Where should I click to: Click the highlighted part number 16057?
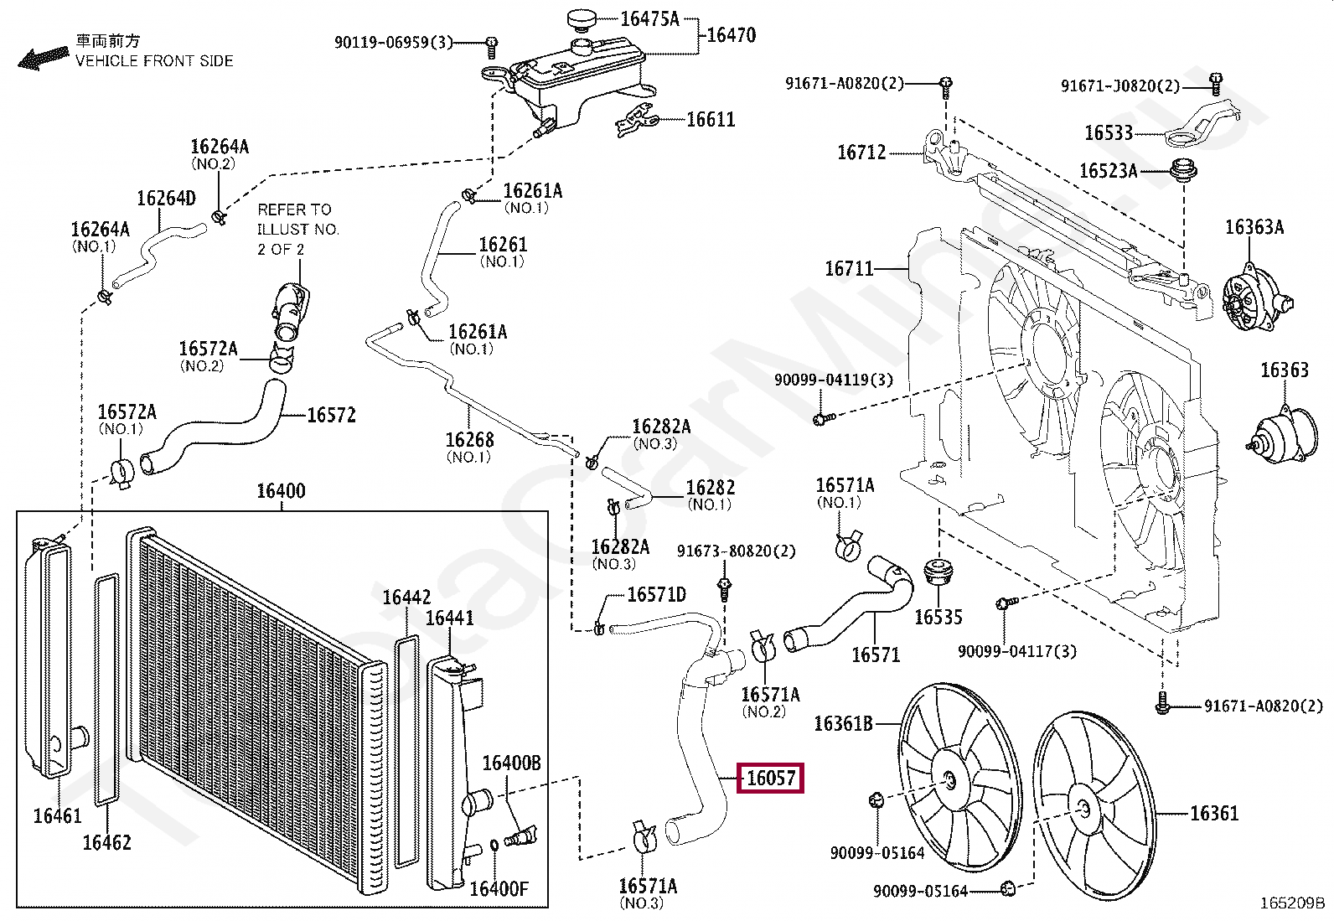point(770,779)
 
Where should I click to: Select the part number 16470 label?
point(731,35)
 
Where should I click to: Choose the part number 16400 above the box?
point(281,491)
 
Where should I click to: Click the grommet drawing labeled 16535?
point(938,573)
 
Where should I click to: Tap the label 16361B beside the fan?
point(843,723)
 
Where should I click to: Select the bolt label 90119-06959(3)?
point(393,42)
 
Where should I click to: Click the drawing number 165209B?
point(1292,903)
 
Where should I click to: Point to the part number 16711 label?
point(849,269)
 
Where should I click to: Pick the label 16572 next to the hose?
point(331,415)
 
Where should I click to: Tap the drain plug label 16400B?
point(511,763)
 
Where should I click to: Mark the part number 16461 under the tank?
point(57,815)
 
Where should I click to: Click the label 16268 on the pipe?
point(469,440)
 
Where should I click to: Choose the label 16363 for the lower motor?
point(1284,370)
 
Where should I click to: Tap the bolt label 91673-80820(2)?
point(736,551)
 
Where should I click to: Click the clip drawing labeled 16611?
point(637,122)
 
